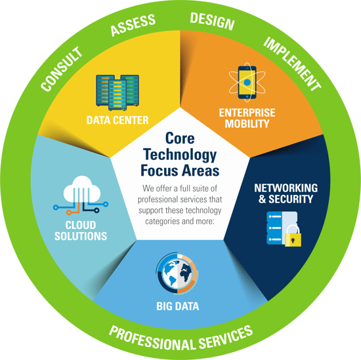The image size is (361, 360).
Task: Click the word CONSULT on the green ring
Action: click(x=62, y=69)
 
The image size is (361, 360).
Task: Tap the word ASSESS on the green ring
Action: click(x=133, y=25)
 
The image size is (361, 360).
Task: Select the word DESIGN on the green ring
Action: click(x=212, y=22)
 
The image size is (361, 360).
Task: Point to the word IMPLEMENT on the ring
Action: click(x=292, y=64)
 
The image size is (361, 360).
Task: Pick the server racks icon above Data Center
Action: click(x=117, y=92)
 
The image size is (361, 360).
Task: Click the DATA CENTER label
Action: click(x=117, y=120)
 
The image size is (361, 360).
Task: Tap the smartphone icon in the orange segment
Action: click(x=247, y=83)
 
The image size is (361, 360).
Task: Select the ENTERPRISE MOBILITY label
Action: click(x=247, y=118)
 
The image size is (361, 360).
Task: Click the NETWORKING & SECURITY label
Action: click(x=286, y=193)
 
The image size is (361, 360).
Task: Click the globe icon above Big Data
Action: click(x=177, y=273)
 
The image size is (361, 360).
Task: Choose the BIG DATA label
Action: click(x=177, y=306)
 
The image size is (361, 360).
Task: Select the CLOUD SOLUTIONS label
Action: click(x=81, y=231)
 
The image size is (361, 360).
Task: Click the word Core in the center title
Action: click(x=180, y=138)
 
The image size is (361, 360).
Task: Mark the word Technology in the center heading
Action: click(x=180, y=155)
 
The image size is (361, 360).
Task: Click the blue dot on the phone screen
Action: click(x=247, y=82)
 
